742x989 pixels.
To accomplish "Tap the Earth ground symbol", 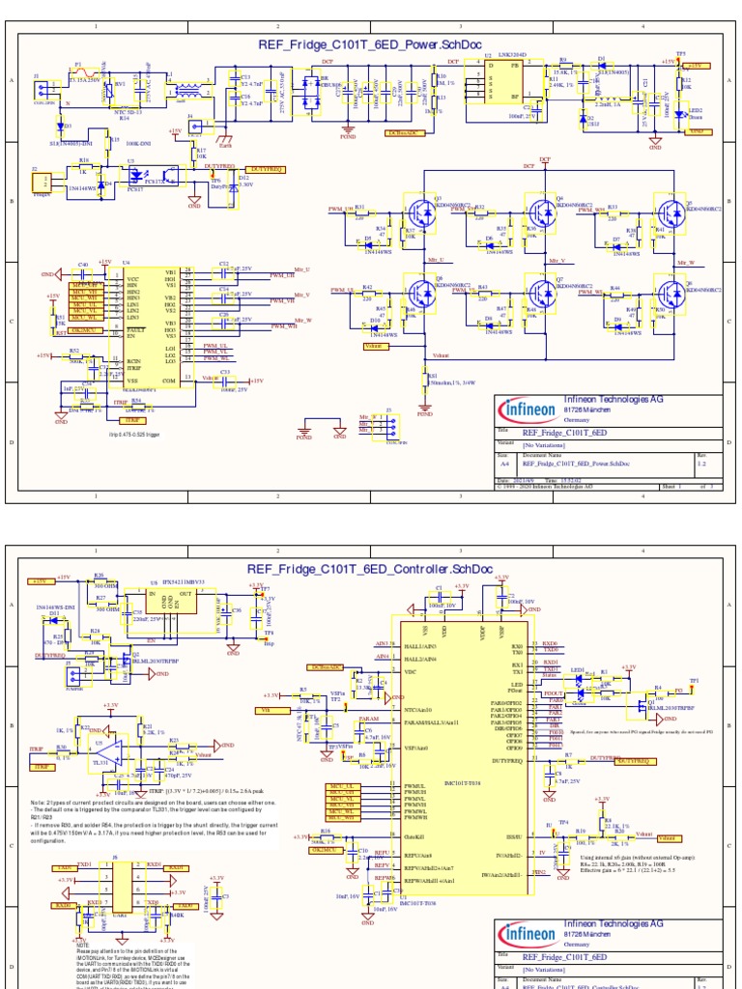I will coord(225,138).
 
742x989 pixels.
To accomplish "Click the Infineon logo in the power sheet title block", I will coord(528,410).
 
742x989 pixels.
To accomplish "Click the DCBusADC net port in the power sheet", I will coord(406,132).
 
